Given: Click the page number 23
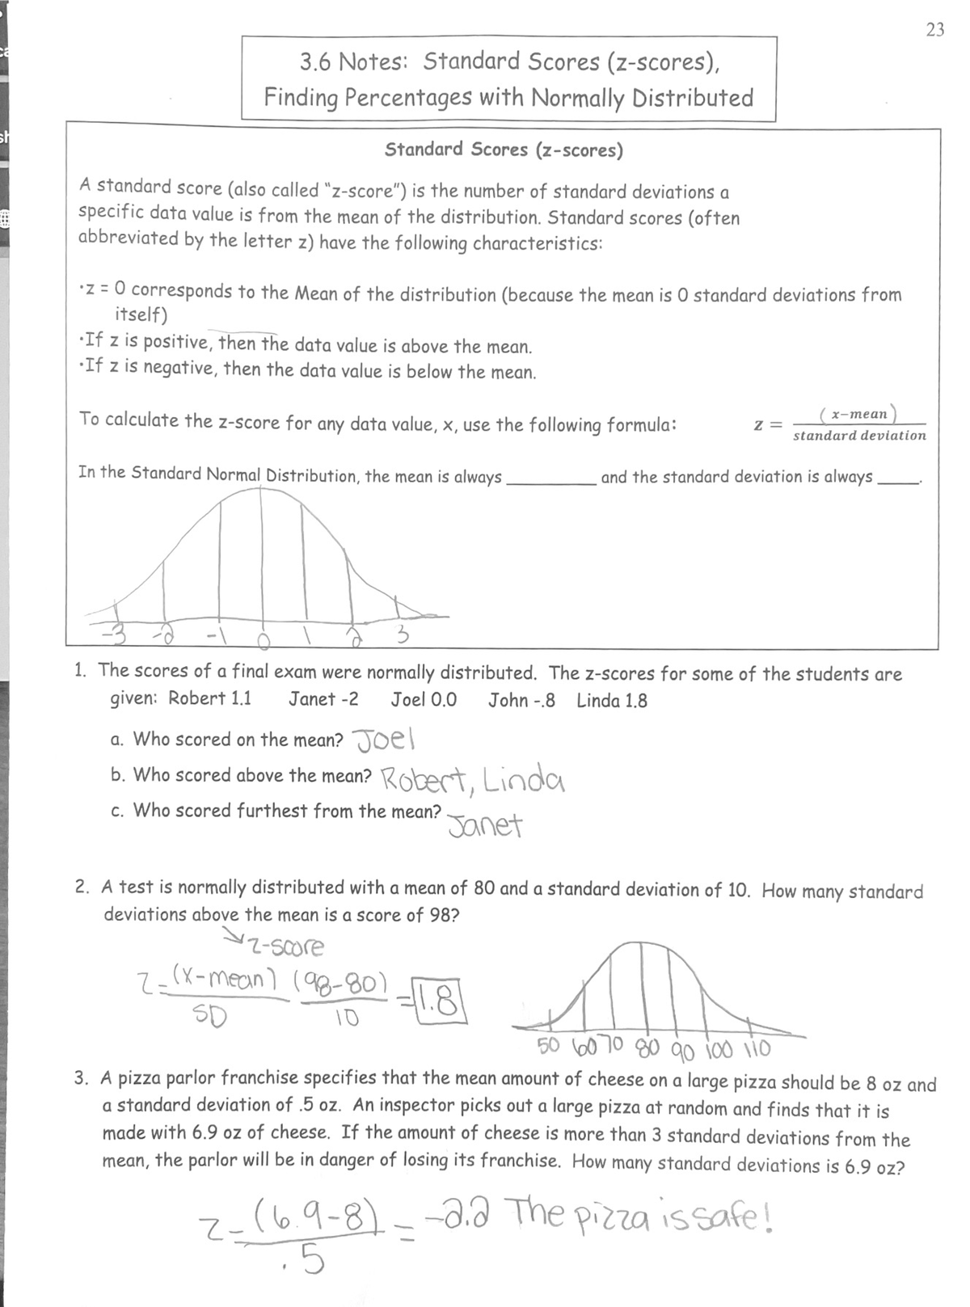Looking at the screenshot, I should pyautogui.click(x=934, y=31).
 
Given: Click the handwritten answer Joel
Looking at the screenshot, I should pyautogui.click(x=385, y=739).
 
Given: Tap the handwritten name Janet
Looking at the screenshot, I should pyautogui.click(x=485, y=825).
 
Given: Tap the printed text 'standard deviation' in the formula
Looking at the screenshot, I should pyautogui.click(x=859, y=436).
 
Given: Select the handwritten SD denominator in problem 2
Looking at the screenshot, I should pyautogui.click(x=213, y=1014).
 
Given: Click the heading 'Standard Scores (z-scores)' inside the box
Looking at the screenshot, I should pyautogui.click(x=504, y=150).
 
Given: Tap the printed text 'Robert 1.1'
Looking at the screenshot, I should pyautogui.click(x=209, y=698).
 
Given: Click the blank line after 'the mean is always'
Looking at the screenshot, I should pyautogui.click(x=550, y=479).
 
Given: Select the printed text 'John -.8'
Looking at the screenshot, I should pyautogui.click(x=521, y=700).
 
